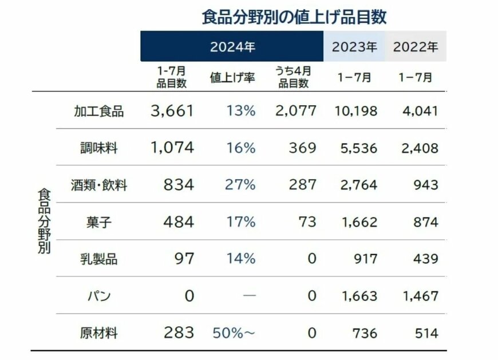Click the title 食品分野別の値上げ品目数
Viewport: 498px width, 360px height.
pyautogui.click(x=294, y=17)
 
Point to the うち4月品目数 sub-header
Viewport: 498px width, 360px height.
pyautogui.click(x=294, y=77)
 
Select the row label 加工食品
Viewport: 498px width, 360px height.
pyautogui.click(x=98, y=110)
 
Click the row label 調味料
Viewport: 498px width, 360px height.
pyautogui.click(x=98, y=148)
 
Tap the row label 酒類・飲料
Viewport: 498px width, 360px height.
pyautogui.click(x=98, y=185)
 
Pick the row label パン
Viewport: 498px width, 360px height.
pyautogui.click(x=98, y=296)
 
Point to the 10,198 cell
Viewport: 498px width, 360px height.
pyautogui.click(x=355, y=110)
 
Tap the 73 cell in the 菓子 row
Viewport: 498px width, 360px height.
pyautogui.click(x=308, y=221)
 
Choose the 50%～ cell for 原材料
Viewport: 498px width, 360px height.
pyautogui.click(x=233, y=333)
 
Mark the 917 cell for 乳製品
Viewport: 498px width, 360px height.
pyautogui.click(x=365, y=259)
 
